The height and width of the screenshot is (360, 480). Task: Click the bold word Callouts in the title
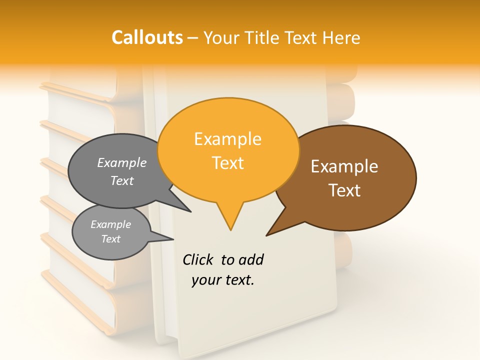click(147, 37)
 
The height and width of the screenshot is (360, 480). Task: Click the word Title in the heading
click(264, 37)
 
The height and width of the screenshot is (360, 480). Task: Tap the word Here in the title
click(339, 37)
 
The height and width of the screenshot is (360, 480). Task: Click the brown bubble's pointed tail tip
click(267, 235)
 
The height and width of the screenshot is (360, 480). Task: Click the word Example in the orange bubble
click(227, 139)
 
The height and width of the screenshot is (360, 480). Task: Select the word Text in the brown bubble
click(344, 190)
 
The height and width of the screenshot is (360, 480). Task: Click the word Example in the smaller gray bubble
click(110, 224)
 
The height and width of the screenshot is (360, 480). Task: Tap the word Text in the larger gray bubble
click(122, 181)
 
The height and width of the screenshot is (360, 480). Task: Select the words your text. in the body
click(222, 280)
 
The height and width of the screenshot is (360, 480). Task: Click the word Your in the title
click(220, 37)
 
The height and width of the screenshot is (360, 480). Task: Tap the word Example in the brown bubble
click(344, 166)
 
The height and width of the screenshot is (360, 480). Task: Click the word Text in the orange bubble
click(228, 163)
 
